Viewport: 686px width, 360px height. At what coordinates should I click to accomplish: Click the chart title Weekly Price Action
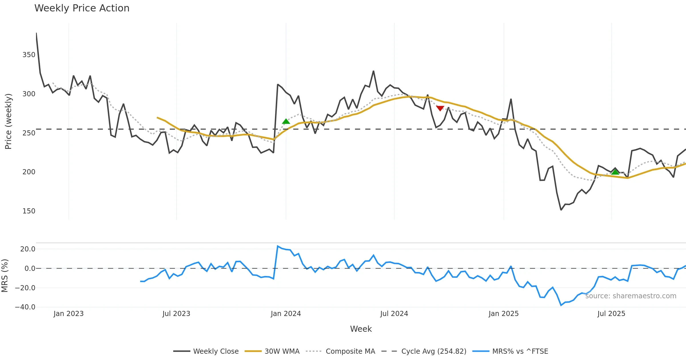[x=82, y=8]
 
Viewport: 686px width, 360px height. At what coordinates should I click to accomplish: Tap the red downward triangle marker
[x=440, y=108]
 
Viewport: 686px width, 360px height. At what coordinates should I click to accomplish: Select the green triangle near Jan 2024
[x=286, y=121]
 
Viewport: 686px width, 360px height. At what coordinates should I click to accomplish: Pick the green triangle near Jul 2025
[x=615, y=172]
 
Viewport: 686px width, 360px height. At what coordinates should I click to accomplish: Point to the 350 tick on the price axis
[x=29, y=55]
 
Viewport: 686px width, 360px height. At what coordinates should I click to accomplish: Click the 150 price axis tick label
[x=29, y=211]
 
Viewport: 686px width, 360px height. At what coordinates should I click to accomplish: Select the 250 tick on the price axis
[x=29, y=133]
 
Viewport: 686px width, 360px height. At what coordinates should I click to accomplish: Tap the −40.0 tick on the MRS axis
[x=25, y=307]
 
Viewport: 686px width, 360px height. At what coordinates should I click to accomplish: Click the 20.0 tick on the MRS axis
[x=28, y=249]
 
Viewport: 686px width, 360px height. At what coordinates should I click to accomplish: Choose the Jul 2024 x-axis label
[x=394, y=314]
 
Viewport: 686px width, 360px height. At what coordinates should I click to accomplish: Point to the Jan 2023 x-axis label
[x=69, y=314]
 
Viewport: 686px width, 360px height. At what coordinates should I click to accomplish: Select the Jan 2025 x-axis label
[x=503, y=314]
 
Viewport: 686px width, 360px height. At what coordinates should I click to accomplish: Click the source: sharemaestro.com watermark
[x=631, y=296]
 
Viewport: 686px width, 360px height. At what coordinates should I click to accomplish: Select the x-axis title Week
[x=361, y=329]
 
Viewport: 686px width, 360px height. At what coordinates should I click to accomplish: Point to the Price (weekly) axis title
[x=8, y=121]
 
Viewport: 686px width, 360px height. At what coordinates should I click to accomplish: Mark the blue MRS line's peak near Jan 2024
[x=278, y=246]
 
